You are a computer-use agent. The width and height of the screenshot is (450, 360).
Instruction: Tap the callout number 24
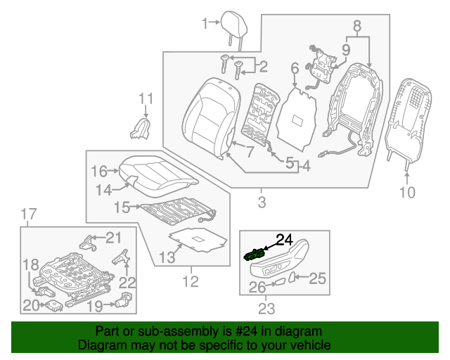(283, 239)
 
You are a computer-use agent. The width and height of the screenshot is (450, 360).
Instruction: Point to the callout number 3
(262, 203)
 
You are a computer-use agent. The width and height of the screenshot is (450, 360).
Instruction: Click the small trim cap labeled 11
(141, 127)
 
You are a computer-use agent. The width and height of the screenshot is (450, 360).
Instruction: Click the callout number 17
(27, 214)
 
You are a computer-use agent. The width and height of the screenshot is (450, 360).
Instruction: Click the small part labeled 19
(124, 303)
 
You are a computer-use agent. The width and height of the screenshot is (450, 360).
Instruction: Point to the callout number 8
(356, 27)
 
